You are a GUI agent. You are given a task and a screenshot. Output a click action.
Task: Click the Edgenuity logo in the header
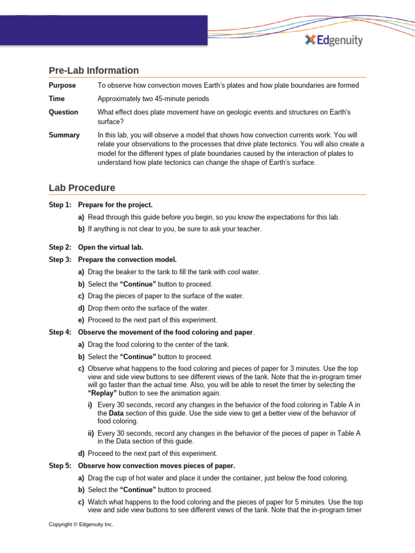click(333, 40)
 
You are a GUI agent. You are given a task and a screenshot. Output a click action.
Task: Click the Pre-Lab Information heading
click(93, 70)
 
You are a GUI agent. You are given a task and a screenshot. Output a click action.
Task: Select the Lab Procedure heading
click(82, 188)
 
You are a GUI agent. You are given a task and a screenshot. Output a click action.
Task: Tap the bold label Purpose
click(62, 85)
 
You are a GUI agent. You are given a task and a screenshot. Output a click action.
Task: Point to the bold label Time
click(56, 99)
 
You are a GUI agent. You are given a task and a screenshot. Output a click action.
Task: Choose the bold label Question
click(63, 112)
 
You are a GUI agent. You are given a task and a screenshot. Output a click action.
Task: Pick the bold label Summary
click(64, 135)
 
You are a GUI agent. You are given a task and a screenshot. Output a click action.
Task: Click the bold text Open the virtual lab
click(110, 247)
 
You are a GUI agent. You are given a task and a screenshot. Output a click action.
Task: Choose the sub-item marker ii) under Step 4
click(91, 433)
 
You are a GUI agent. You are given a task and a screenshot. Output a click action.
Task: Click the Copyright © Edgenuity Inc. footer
click(81, 524)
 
